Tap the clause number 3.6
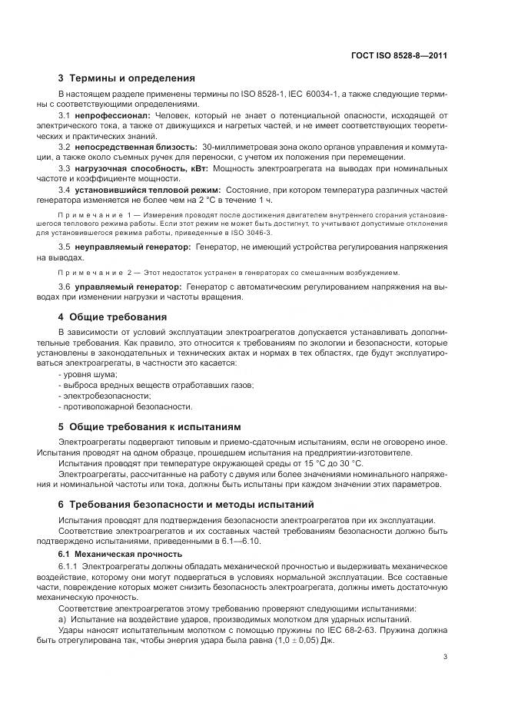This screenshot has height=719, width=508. coord(65,286)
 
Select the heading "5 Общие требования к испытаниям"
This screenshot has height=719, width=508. coord(150,426)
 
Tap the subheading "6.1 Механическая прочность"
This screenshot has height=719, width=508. coord(121,554)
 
